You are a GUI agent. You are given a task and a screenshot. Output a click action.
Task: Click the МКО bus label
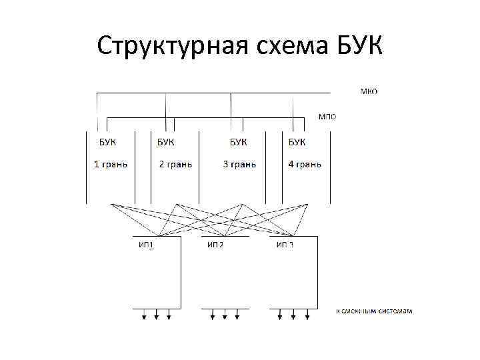click(369, 91)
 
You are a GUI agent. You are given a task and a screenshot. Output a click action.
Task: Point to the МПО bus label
click(327, 116)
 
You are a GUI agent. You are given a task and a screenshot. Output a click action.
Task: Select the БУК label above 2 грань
click(167, 141)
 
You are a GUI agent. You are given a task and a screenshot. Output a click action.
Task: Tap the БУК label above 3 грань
click(238, 141)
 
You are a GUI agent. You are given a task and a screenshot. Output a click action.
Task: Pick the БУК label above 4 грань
click(297, 141)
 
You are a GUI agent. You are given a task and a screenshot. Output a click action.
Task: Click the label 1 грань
click(110, 164)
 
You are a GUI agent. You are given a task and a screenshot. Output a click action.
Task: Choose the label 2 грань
click(175, 164)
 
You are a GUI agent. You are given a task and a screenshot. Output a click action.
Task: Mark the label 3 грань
click(239, 164)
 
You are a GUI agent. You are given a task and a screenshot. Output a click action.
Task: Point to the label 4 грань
click(305, 164)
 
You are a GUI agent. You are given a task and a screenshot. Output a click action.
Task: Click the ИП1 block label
click(147, 245)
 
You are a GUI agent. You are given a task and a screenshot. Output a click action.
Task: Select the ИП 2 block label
click(215, 245)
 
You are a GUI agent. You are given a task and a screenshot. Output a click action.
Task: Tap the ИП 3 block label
click(285, 245)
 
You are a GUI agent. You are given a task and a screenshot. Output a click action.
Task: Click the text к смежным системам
click(374, 311)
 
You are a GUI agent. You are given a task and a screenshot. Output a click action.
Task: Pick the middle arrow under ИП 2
click(225, 315)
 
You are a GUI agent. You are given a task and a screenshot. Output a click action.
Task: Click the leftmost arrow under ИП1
click(145, 315)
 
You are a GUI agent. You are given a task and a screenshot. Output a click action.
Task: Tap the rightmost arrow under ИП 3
click(306, 315)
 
